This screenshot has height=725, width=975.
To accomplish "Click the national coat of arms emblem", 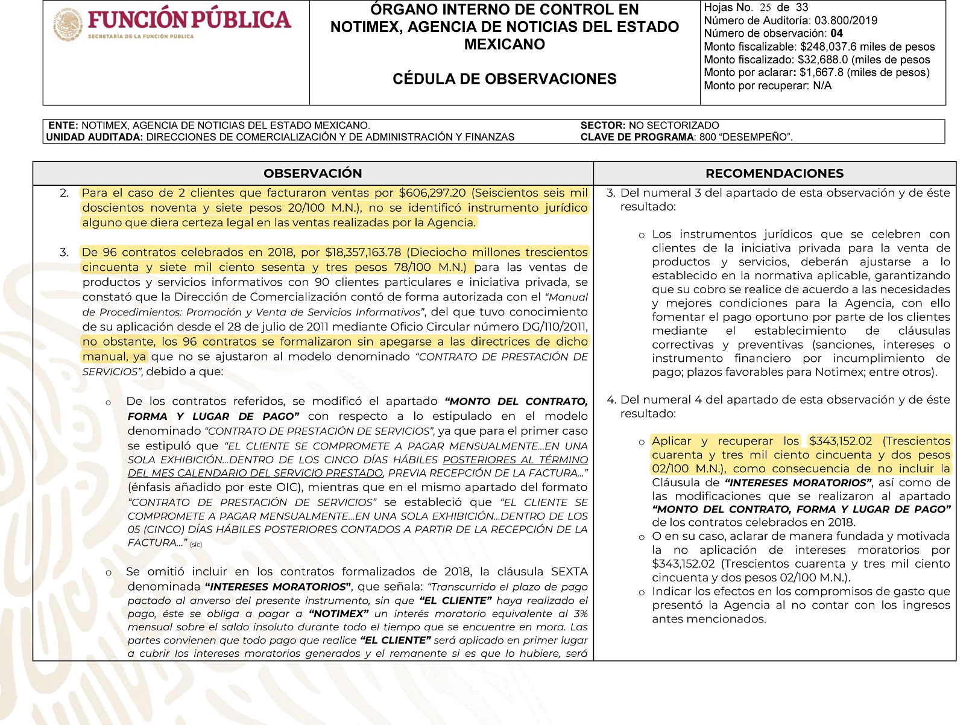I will (67, 25).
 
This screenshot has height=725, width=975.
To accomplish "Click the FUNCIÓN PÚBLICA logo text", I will (189, 19).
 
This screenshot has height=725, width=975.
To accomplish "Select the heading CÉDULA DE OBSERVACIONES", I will (504, 79).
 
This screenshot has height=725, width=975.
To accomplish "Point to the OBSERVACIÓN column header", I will (312, 174).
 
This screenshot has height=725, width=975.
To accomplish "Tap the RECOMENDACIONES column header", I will (774, 174).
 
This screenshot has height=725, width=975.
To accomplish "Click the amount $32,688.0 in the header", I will (822, 60).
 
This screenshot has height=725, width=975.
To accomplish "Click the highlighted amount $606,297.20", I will (432, 193).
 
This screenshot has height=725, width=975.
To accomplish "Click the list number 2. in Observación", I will (65, 193).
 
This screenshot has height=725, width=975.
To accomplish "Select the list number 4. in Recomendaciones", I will (611, 400).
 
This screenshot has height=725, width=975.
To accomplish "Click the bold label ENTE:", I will (63, 125).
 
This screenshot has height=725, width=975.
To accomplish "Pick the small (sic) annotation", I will (196, 545).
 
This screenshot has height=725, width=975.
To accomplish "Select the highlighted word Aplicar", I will (671, 441).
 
